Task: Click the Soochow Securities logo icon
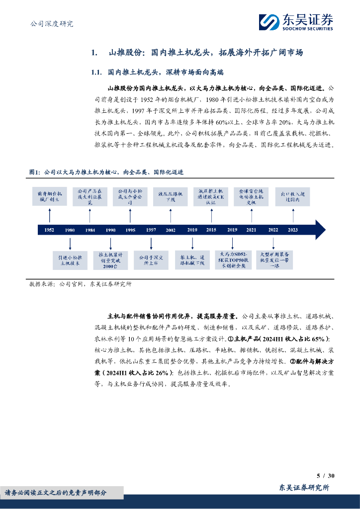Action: [270, 22]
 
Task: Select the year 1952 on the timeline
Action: [49, 230]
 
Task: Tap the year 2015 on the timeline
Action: [211, 230]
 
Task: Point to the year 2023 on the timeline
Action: [293, 230]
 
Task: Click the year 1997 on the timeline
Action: [151, 230]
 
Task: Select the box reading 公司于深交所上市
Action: [151, 260]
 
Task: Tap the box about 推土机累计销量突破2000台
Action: [110, 260]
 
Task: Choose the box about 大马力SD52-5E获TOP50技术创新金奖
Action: [232, 260]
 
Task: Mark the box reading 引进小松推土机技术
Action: [70, 260]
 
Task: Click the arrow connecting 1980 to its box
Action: [70, 243]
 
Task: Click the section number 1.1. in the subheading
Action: [96, 72]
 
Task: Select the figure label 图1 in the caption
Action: [34, 171]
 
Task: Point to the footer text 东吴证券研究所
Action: [304, 488]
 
